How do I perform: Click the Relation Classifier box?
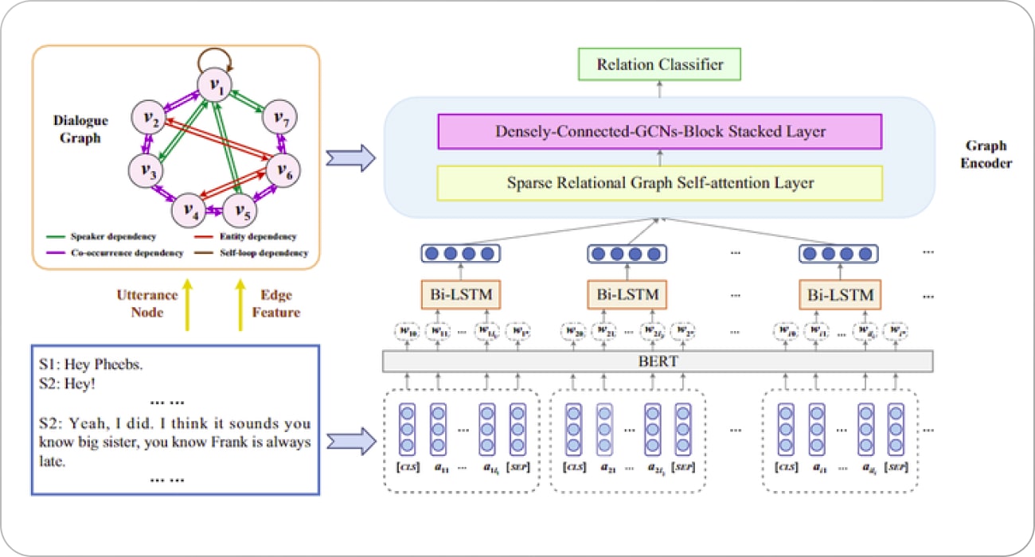(660, 64)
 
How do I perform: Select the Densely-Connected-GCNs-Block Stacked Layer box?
(660, 131)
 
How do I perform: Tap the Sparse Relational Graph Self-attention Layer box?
(660, 183)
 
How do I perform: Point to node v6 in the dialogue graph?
(284, 169)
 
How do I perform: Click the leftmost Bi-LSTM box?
(458, 296)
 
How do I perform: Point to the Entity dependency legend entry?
(253, 237)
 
